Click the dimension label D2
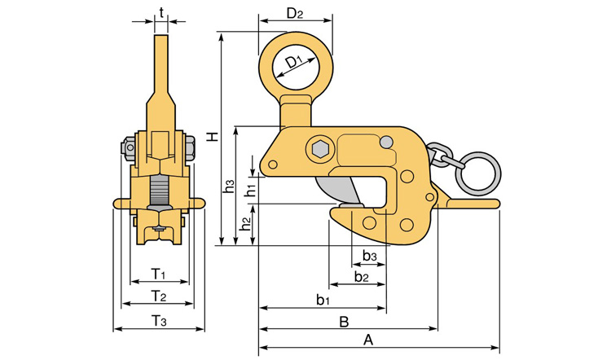click(x=295, y=14)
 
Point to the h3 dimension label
click(x=229, y=187)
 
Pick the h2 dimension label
click(x=246, y=222)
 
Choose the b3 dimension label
click(x=370, y=257)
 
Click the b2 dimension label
click(x=362, y=278)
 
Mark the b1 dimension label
click(x=323, y=300)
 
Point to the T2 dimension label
click(x=159, y=295)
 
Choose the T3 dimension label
click(x=159, y=322)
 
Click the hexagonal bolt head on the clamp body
click(x=319, y=149)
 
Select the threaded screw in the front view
click(x=160, y=193)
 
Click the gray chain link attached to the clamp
click(x=442, y=155)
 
